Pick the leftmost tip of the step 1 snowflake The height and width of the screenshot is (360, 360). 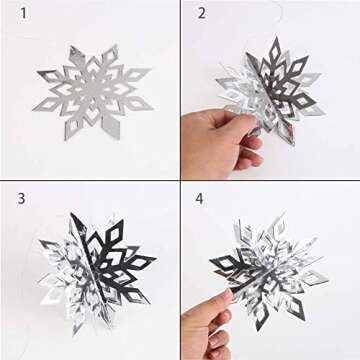(x=37, y=76)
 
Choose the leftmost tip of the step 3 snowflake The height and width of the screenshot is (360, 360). (x=37, y=262)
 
